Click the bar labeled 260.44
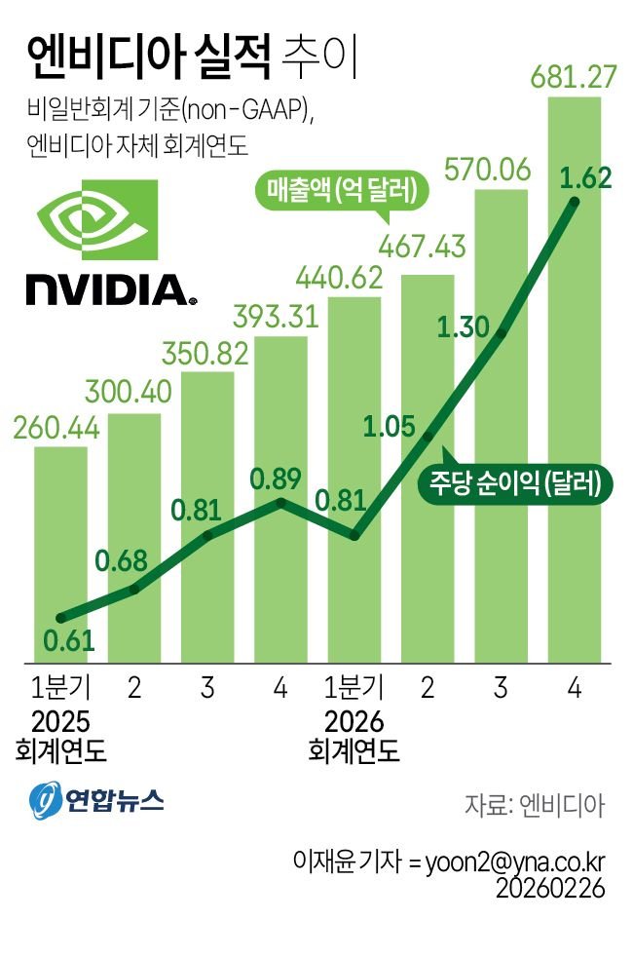click(60, 555)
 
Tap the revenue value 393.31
click(280, 317)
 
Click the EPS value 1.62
click(585, 177)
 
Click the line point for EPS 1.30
click(501, 334)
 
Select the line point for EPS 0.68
click(134, 589)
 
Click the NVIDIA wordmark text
click(106, 287)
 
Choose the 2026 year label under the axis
click(354, 723)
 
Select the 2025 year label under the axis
click(60, 723)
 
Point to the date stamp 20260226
click(550, 889)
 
